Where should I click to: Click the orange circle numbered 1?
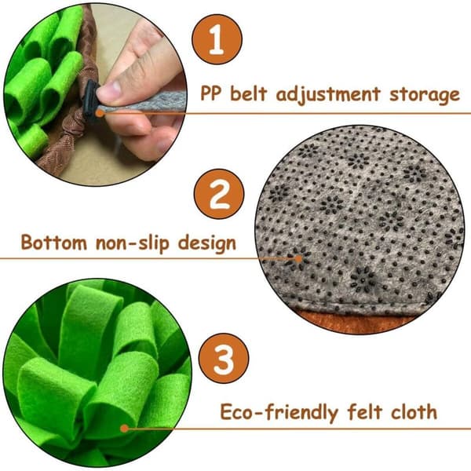pos(217,39)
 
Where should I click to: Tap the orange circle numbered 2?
pos(219,194)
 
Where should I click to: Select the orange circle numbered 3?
pos(224,359)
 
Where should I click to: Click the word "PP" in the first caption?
pos(211,93)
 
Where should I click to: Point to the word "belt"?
pos(248,93)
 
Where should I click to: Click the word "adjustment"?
pos(328,94)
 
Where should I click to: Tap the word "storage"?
pos(425,96)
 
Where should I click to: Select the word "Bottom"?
pos(54,242)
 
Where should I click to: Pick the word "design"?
pos(207,243)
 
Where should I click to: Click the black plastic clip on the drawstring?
pos(91,100)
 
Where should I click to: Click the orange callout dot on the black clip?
pos(100,113)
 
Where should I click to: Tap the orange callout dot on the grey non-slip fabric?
pos(298,258)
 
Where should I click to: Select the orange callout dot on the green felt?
pos(124,429)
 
